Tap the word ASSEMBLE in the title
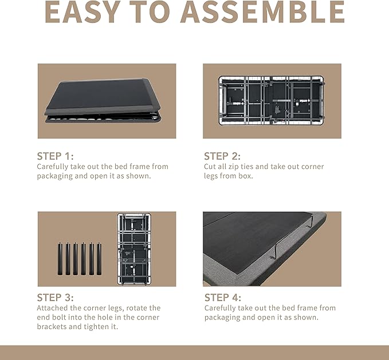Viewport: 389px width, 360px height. [262, 12]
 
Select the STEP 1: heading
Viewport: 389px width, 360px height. [56, 156]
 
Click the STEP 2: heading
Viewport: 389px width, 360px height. [222, 156]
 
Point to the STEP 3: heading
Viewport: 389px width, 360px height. [56, 298]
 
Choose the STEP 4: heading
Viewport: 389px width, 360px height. [222, 298]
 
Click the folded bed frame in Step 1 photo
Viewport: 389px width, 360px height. [103, 101]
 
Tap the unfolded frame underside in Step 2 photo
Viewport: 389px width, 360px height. [272, 100]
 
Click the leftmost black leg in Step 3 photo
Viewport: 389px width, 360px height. [60, 259]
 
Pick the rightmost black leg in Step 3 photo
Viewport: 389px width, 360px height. [99, 259]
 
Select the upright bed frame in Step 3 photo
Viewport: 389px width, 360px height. [134, 249]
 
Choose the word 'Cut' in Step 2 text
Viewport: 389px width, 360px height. [210, 167]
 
